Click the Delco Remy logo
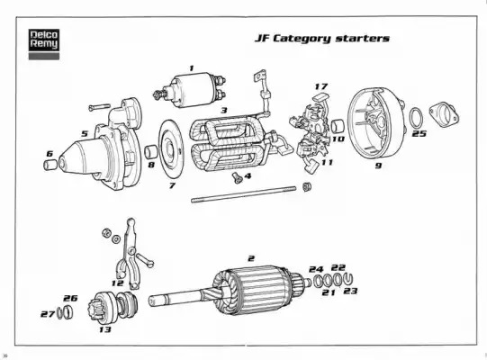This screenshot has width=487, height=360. coord(44,44)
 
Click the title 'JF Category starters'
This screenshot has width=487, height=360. coord(322,39)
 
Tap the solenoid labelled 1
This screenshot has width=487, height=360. coord(189,90)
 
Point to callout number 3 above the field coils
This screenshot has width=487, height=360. coord(224,110)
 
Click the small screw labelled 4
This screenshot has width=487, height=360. coord(238,177)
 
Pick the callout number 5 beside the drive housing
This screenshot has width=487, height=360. coord(85,133)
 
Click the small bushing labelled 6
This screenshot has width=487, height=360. coord(50,165)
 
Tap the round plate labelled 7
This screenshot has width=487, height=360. coord(171,149)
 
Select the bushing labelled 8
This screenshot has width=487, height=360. coord(151,151)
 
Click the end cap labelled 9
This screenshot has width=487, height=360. coord(375,124)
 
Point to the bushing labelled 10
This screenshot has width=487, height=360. coord(338,126)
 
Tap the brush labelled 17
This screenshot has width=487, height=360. coord(319,97)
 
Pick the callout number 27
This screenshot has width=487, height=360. coord(48,314)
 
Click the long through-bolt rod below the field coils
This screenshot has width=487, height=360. coord(243,194)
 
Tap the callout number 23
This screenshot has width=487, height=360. coord(350,291)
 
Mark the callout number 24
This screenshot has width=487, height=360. coord(316,269)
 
